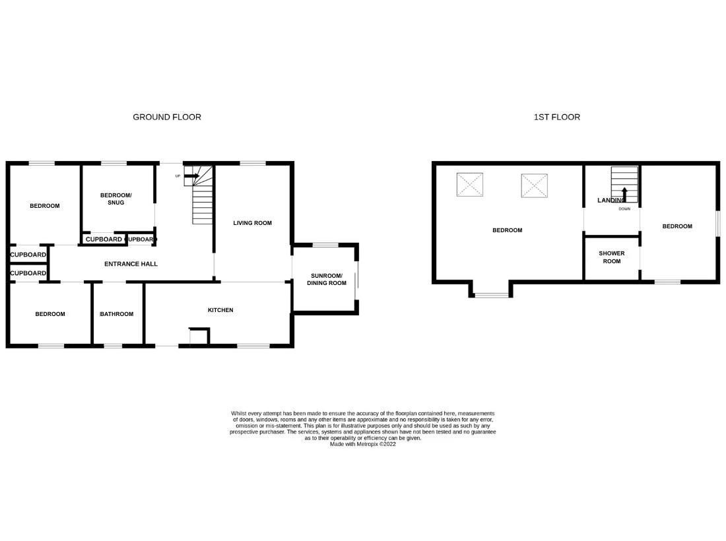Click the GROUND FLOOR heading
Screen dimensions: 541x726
(x=167, y=117)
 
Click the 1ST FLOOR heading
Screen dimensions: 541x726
(x=557, y=117)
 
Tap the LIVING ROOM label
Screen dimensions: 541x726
(x=252, y=223)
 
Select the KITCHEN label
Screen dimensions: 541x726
(x=220, y=310)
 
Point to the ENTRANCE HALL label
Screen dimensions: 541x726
(x=131, y=264)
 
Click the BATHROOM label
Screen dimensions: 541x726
(x=116, y=314)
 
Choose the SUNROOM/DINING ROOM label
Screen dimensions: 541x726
(x=326, y=279)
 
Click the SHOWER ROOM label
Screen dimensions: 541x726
(x=611, y=257)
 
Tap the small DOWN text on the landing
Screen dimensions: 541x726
(x=624, y=209)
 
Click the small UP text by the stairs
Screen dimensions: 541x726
(x=178, y=176)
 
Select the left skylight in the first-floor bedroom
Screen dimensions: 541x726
(x=470, y=185)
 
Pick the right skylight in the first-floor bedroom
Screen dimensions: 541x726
(x=534, y=185)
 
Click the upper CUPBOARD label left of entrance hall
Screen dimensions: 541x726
(x=28, y=255)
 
